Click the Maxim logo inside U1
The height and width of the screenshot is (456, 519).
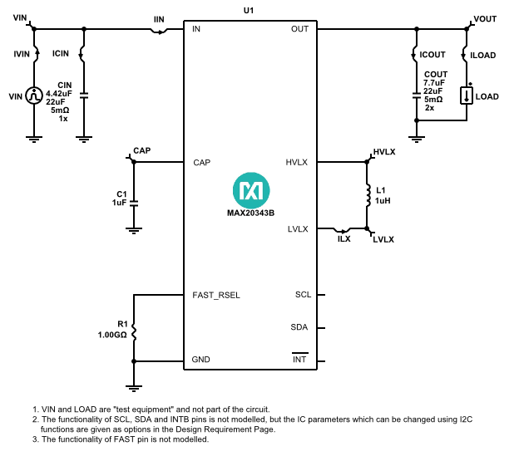tap(250, 190)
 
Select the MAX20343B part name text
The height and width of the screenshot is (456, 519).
tap(250, 212)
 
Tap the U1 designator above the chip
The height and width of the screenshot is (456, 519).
tap(250, 9)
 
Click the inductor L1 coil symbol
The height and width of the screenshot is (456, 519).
tap(367, 195)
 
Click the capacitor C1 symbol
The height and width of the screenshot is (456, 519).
tap(135, 201)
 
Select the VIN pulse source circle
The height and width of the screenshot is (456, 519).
tap(34, 96)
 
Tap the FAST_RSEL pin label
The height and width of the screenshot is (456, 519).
tap(216, 295)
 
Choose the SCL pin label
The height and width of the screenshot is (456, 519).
tap(303, 295)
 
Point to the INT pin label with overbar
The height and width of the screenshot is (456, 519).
tap(300, 360)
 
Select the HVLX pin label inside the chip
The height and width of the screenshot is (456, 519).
tap(296, 162)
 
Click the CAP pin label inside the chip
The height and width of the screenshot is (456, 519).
tap(201, 162)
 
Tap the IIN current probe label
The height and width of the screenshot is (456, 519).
tap(159, 19)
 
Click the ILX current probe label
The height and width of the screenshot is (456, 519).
tap(344, 239)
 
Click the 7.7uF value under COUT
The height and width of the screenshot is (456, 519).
tap(434, 82)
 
